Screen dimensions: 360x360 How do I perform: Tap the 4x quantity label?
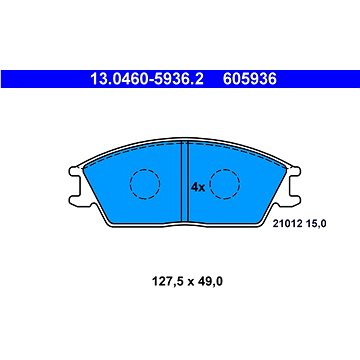click(x=197, y=185)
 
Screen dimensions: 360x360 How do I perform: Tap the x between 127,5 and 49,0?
click(x=180, y=281)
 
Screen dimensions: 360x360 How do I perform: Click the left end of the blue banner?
click(x=4, y=76)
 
